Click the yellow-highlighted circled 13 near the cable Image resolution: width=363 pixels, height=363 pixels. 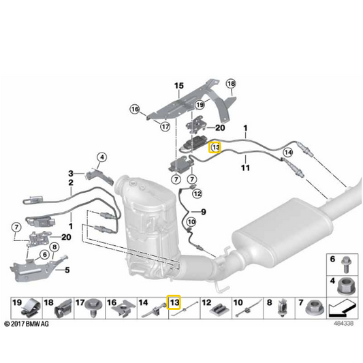[215, 147]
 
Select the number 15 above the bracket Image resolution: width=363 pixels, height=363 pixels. [178, 86]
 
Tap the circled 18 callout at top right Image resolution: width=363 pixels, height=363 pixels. [231, 83]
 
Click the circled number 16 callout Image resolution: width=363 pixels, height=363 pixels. [135, 109]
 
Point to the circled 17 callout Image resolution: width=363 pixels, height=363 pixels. [165, 127]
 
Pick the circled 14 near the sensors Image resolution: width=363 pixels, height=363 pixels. [288, 153]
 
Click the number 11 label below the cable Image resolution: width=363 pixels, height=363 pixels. [245, 168]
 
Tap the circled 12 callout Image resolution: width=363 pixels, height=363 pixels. [198, 193]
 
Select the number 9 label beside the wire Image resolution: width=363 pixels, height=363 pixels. [203, 212]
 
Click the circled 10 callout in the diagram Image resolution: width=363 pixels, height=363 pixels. [191, 222]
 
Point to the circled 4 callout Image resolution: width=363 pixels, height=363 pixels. [102, 157]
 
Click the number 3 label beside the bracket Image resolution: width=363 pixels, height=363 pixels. [71, 174]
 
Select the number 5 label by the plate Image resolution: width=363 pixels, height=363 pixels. [67, 270]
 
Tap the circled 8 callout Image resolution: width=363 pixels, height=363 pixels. [54, 247]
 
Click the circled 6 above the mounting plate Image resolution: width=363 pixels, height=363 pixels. [45, 255]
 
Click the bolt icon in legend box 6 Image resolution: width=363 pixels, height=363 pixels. [346, 265]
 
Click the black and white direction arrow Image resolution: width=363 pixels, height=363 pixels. [341, 309]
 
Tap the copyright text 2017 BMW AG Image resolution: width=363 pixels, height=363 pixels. [27, 324]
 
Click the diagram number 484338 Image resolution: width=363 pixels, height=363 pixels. [343, 323]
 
